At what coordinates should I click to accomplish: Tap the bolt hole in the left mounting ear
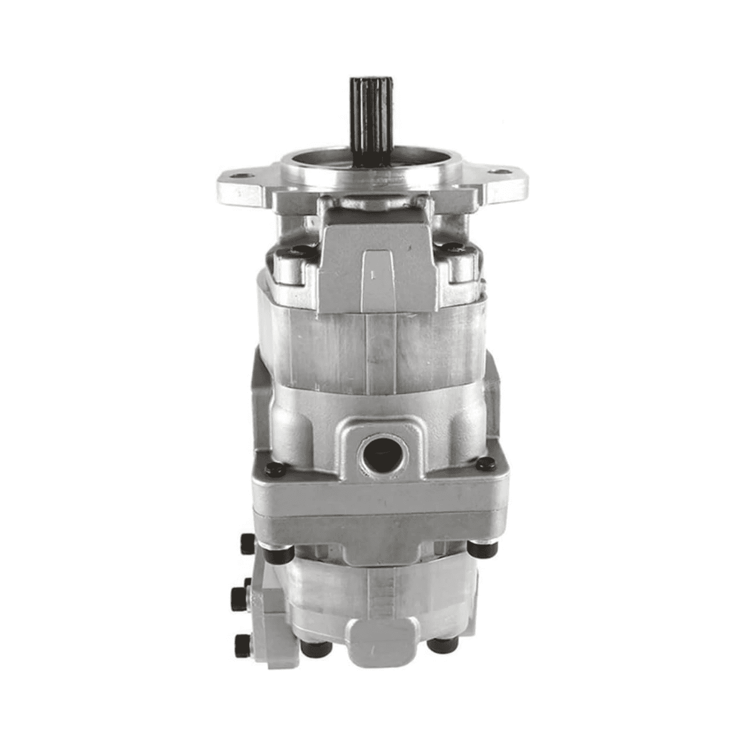240,176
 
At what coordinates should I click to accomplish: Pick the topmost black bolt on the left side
247,543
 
